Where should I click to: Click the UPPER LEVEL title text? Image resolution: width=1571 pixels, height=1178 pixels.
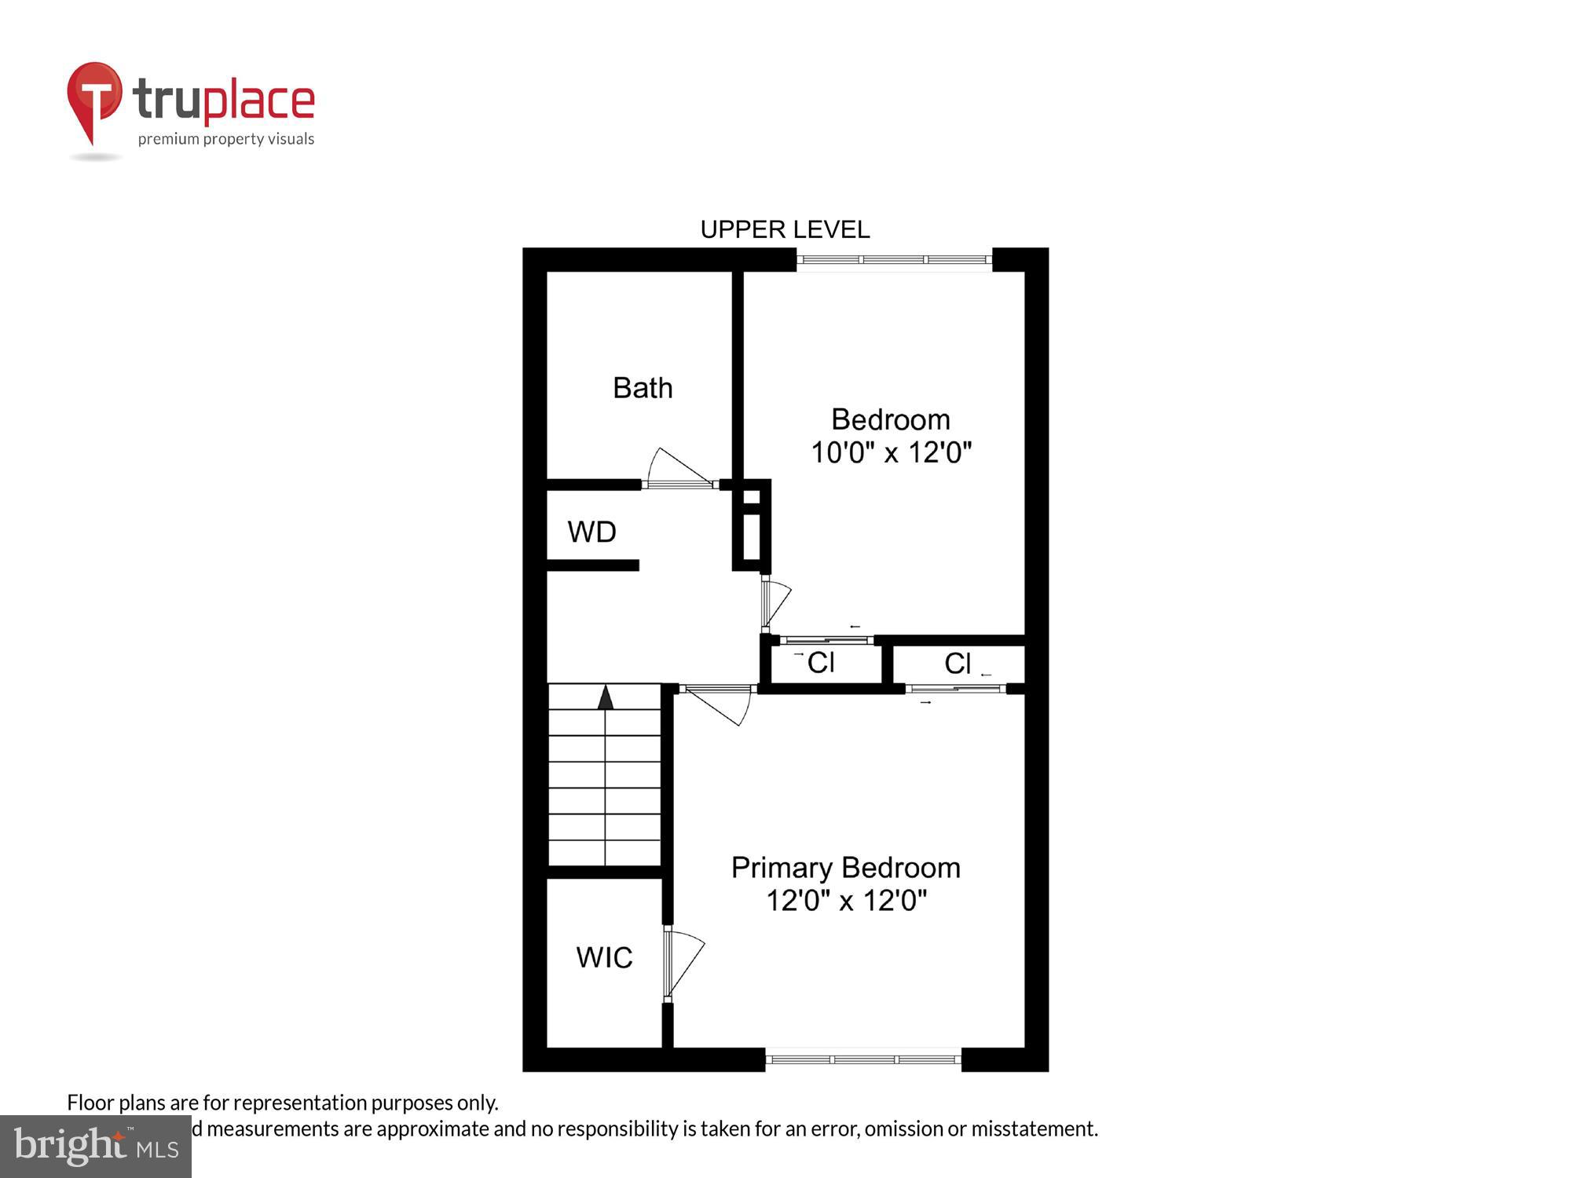click(x=785, y=229)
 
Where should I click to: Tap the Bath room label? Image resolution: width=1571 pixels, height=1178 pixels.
click(x=643, y=388)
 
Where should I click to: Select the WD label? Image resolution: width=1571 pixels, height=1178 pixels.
click(x=591, y=532)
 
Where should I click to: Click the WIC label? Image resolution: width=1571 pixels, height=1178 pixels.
click(x=604, y=957)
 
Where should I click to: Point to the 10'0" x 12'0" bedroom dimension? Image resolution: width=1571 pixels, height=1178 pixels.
click(x=891, y=453)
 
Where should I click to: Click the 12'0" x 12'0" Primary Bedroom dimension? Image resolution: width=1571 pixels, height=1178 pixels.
click(x=846, y=901)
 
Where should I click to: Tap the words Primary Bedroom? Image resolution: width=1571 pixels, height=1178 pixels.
click(x=845, y=868)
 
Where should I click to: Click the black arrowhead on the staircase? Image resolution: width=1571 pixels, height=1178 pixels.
click(x=605, y=697)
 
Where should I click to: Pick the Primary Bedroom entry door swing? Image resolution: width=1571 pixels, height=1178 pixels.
click(x=719, y=704)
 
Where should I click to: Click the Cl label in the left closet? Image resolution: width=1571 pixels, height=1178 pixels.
click(x=821, y=663)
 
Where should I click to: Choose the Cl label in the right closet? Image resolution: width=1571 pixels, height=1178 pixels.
click(x=958, y=664)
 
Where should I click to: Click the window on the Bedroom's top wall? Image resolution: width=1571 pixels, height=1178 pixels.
click(x=894, y=259)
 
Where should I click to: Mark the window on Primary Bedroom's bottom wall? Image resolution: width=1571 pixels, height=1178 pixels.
click(x=863, y=1059)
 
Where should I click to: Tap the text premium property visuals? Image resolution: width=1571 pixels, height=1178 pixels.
click(x=226, y=140)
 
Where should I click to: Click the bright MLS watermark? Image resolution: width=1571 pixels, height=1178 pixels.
click(x=96, y=1147)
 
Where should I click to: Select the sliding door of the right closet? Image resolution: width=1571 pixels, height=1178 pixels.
click(x=955, y=689)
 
